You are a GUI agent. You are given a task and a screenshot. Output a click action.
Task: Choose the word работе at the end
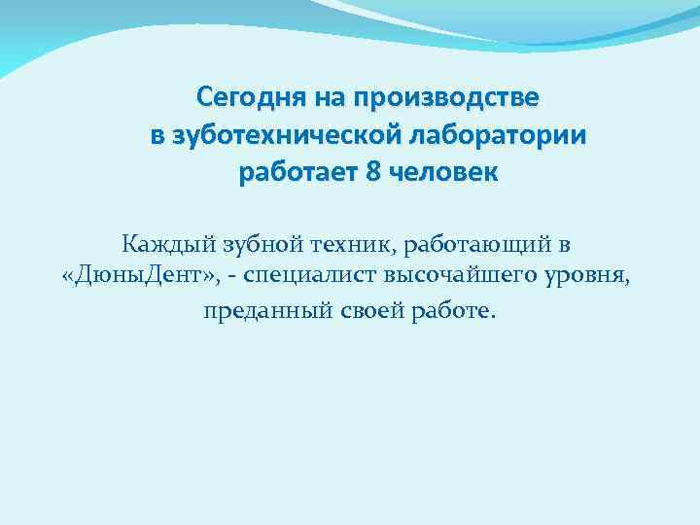[x=453, y=311]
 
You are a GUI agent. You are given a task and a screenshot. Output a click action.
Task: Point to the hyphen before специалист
[x=237, y=277]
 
